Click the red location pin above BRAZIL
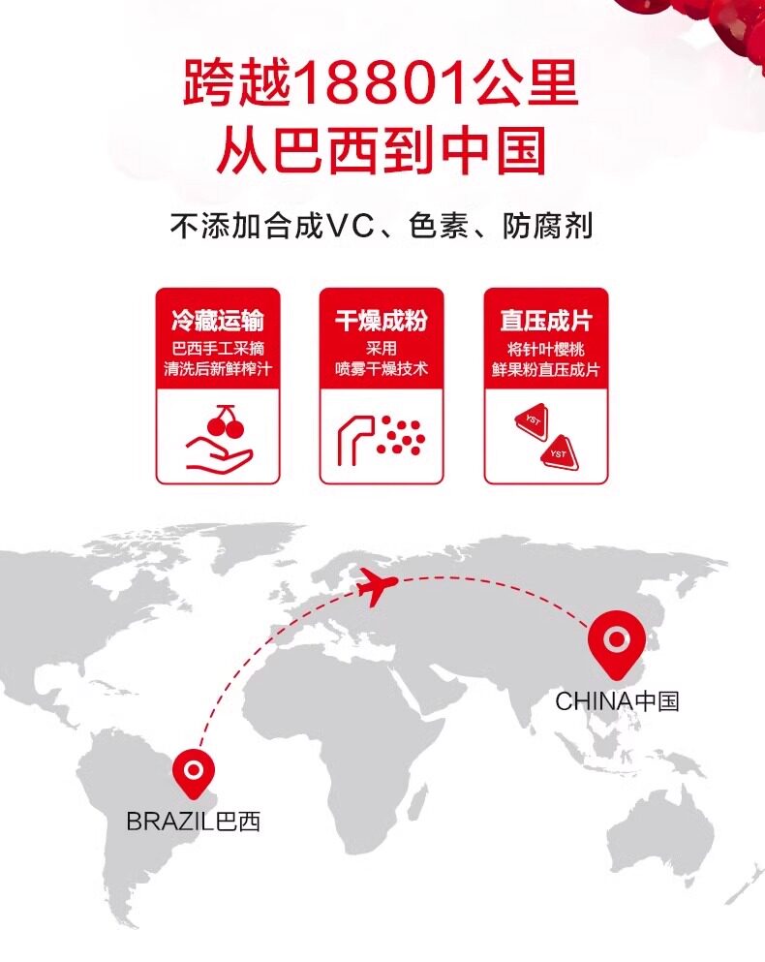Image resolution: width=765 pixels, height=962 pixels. pyautogui.click(x=193, y=772)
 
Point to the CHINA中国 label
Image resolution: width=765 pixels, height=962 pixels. pyautogui.click(x=617, y=700)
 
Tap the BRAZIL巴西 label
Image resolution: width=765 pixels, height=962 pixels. pyautogui.click(x=193, y=822)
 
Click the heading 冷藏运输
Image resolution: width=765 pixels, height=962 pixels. pyautogui.click(x=217, y=322)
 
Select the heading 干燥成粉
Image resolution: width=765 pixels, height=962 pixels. pyautogui.click(x=382, y=322)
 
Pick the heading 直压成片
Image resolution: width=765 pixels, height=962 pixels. pyautogui.click(x=545, y=322)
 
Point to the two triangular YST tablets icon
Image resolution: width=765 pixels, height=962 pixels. pyautogui.click(x=545, y=437)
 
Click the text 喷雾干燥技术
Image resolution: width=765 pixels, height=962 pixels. pyautogui.click(x=382, y=369)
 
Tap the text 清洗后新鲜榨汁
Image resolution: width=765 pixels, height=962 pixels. pyautogui.click(x=217, y=369)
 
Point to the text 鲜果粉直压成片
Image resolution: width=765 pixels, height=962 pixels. pyautogui.click(x=545, y=369)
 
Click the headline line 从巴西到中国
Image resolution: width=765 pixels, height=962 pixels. pyautogui.click(x=382, y=152)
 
